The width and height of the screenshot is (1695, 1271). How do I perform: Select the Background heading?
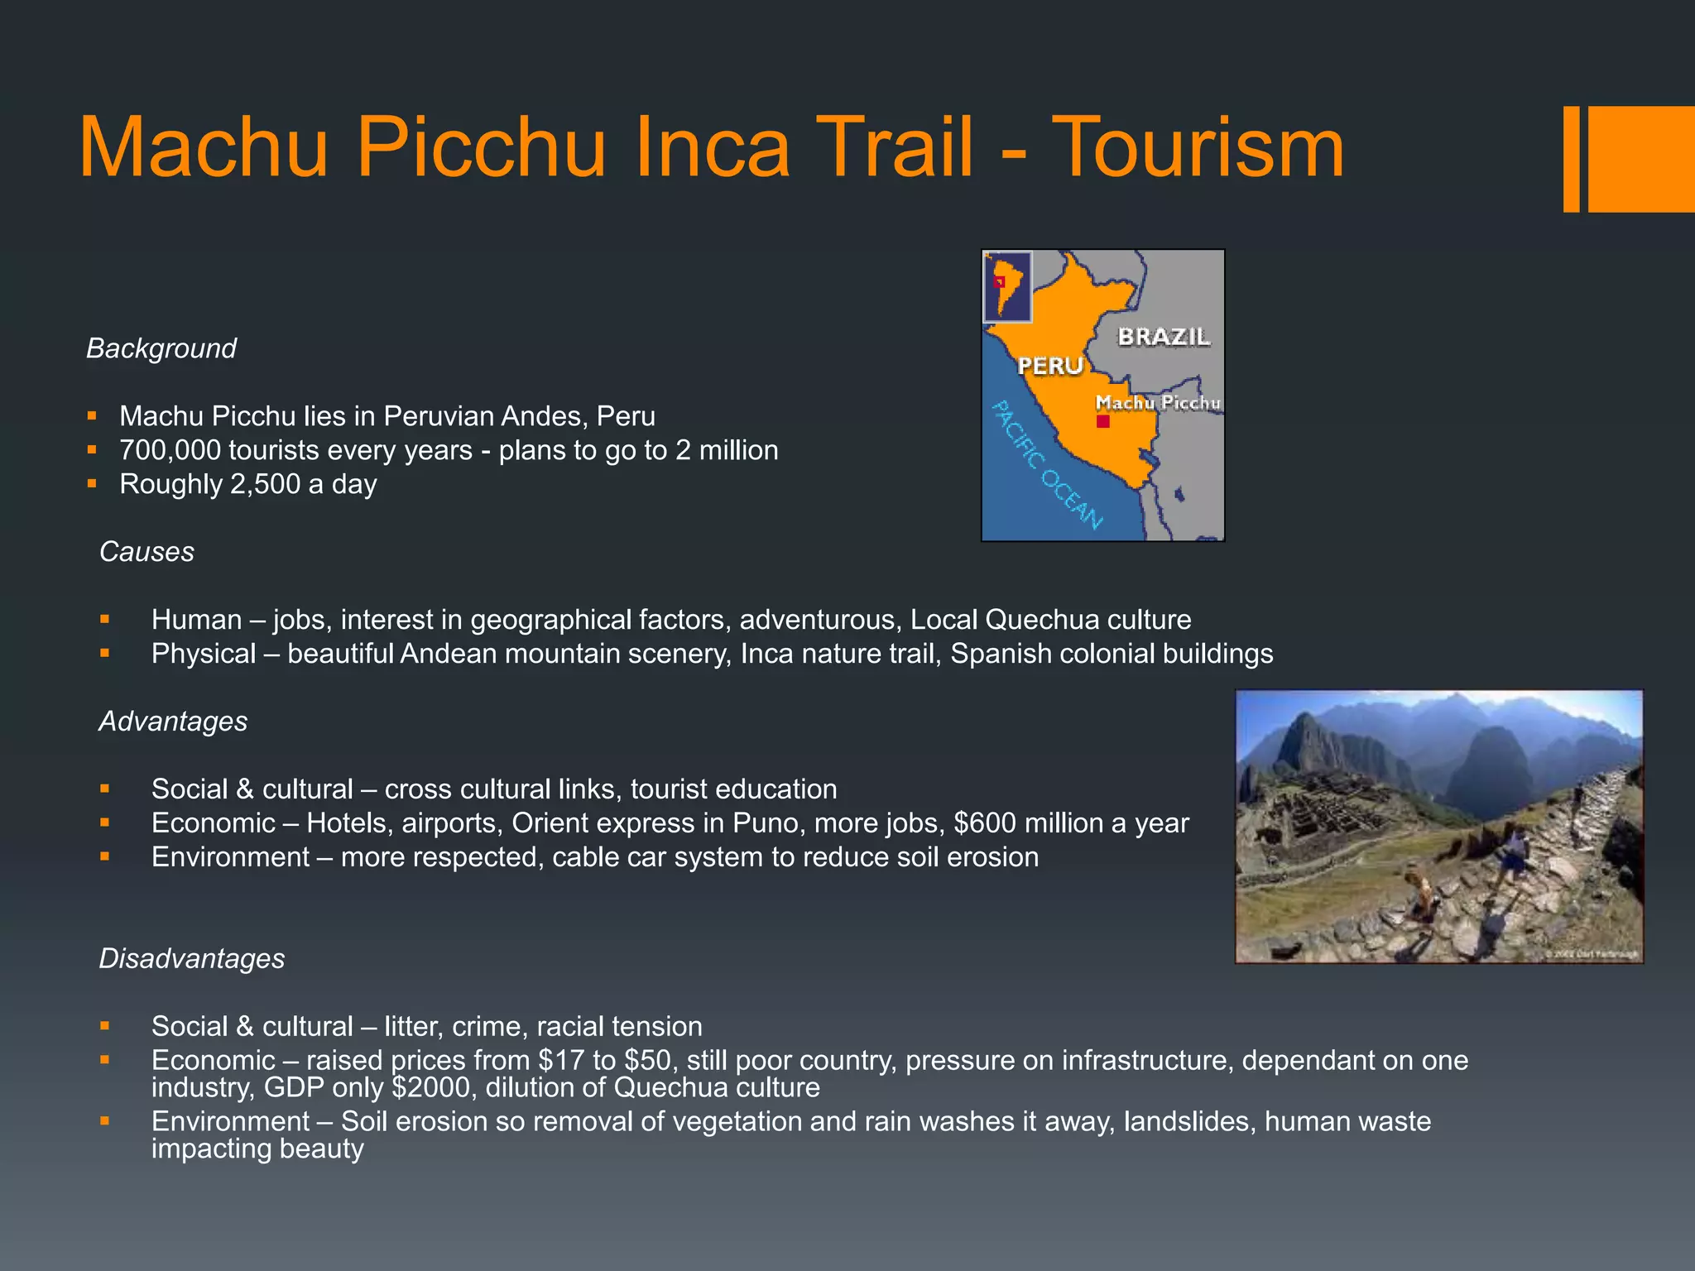tap(161, 348)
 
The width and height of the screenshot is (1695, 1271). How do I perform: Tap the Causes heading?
tap(146, 552)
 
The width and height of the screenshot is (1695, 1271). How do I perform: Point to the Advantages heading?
tap(173, 722)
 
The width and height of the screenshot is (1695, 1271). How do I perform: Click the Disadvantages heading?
tap(191, 958)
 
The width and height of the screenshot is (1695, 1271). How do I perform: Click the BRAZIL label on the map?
tap(1164, 337)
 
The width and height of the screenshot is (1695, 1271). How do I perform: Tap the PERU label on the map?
tap(1050, 366)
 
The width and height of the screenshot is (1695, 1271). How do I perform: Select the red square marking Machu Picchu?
tap(1102, 422)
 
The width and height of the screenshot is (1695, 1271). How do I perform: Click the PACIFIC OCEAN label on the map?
tap(1048, 465)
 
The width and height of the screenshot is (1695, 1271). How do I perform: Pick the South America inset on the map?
tap(1007, 286)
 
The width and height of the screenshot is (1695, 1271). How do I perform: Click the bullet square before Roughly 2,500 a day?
tap(92, 483)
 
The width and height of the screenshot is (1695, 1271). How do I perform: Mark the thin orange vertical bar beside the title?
tap(1571, 159)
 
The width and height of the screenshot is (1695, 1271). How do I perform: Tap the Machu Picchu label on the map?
tap(1157, 403)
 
